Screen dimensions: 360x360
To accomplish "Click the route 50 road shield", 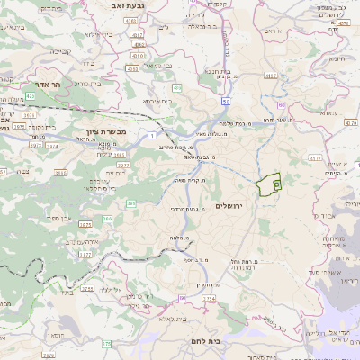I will [x=223, y=102].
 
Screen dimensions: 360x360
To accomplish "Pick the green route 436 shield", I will [x=177, y=87].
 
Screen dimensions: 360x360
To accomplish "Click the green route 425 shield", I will [x=31, y=94].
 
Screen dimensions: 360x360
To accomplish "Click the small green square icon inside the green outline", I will [x=275, y=184].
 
